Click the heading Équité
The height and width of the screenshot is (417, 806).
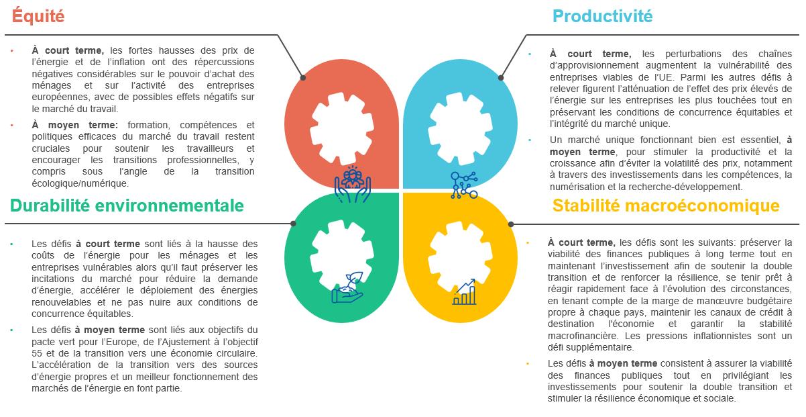coord(38,17)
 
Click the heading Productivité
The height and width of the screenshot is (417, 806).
coord(601,17)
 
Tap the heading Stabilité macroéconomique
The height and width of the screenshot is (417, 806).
coord(666,205)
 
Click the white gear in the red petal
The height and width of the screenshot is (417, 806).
coord(341,130)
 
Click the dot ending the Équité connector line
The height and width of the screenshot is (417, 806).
coord(302,78)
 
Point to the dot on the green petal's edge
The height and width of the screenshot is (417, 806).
coord(292,224)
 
